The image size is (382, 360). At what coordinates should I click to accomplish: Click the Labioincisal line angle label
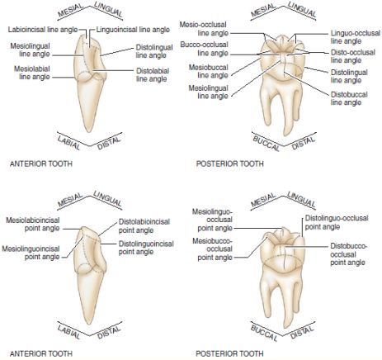pyautogui.click(x=43, y=30)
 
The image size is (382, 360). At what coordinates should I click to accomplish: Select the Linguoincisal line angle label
pyautogui.click(x=133, y=30)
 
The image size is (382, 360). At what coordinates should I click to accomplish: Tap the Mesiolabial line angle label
pyautogui.click(x=32, y=73)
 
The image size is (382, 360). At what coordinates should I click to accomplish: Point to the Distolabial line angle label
pyautogui.click(x=153, y=75)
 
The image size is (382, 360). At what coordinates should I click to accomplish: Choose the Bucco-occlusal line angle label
pyautogui.click(x=204, y=49)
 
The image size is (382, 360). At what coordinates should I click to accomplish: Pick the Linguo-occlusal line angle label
pyautogui.click(x=356, y=37)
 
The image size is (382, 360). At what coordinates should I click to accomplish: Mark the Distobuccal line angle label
pyautogui.click(x=349, y=98)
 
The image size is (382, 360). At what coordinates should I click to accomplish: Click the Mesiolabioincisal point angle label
pyautogui.click(x=33, y=224)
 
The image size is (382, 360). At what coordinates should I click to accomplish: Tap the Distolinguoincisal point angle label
pyautogui.click(x=146, y=248)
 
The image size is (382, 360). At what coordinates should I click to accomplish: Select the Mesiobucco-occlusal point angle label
pyautogui.click(x=212, y=249)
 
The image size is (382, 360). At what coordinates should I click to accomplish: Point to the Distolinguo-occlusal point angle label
pyautogui.click(x=337, y=222)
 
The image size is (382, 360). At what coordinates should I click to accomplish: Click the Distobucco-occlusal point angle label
pyautogui.click(x=349, y=254)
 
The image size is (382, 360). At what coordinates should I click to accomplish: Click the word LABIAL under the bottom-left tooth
pyautogui.click(x=68, y=332)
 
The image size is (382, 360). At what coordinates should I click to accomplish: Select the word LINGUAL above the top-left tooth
pyautogui.click(x=108, y=9)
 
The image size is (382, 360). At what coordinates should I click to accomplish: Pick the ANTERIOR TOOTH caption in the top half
pyautogui.click(x=41, y=163)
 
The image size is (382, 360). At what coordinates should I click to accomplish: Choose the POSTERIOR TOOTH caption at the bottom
pyautogui.click(x=229, y=353)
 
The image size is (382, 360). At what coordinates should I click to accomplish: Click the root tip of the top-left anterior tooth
pyautogui.click(x=88, y=131)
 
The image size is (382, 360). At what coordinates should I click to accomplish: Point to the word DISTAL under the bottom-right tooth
pyautogui.click(x=302, y=333)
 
